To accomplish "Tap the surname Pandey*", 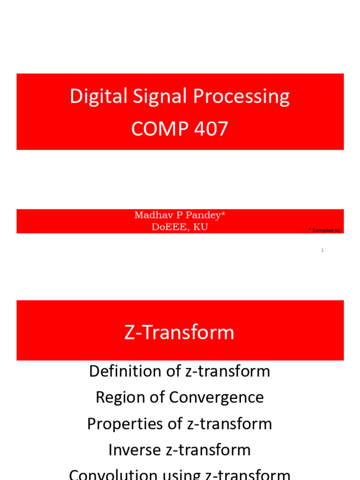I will [205, 215].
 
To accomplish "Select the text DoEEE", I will [168, 227].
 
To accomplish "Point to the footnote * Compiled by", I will [324, 230].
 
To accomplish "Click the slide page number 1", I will [322, 250].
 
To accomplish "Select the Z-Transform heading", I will [180, 332].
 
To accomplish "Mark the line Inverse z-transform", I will [180, 450].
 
